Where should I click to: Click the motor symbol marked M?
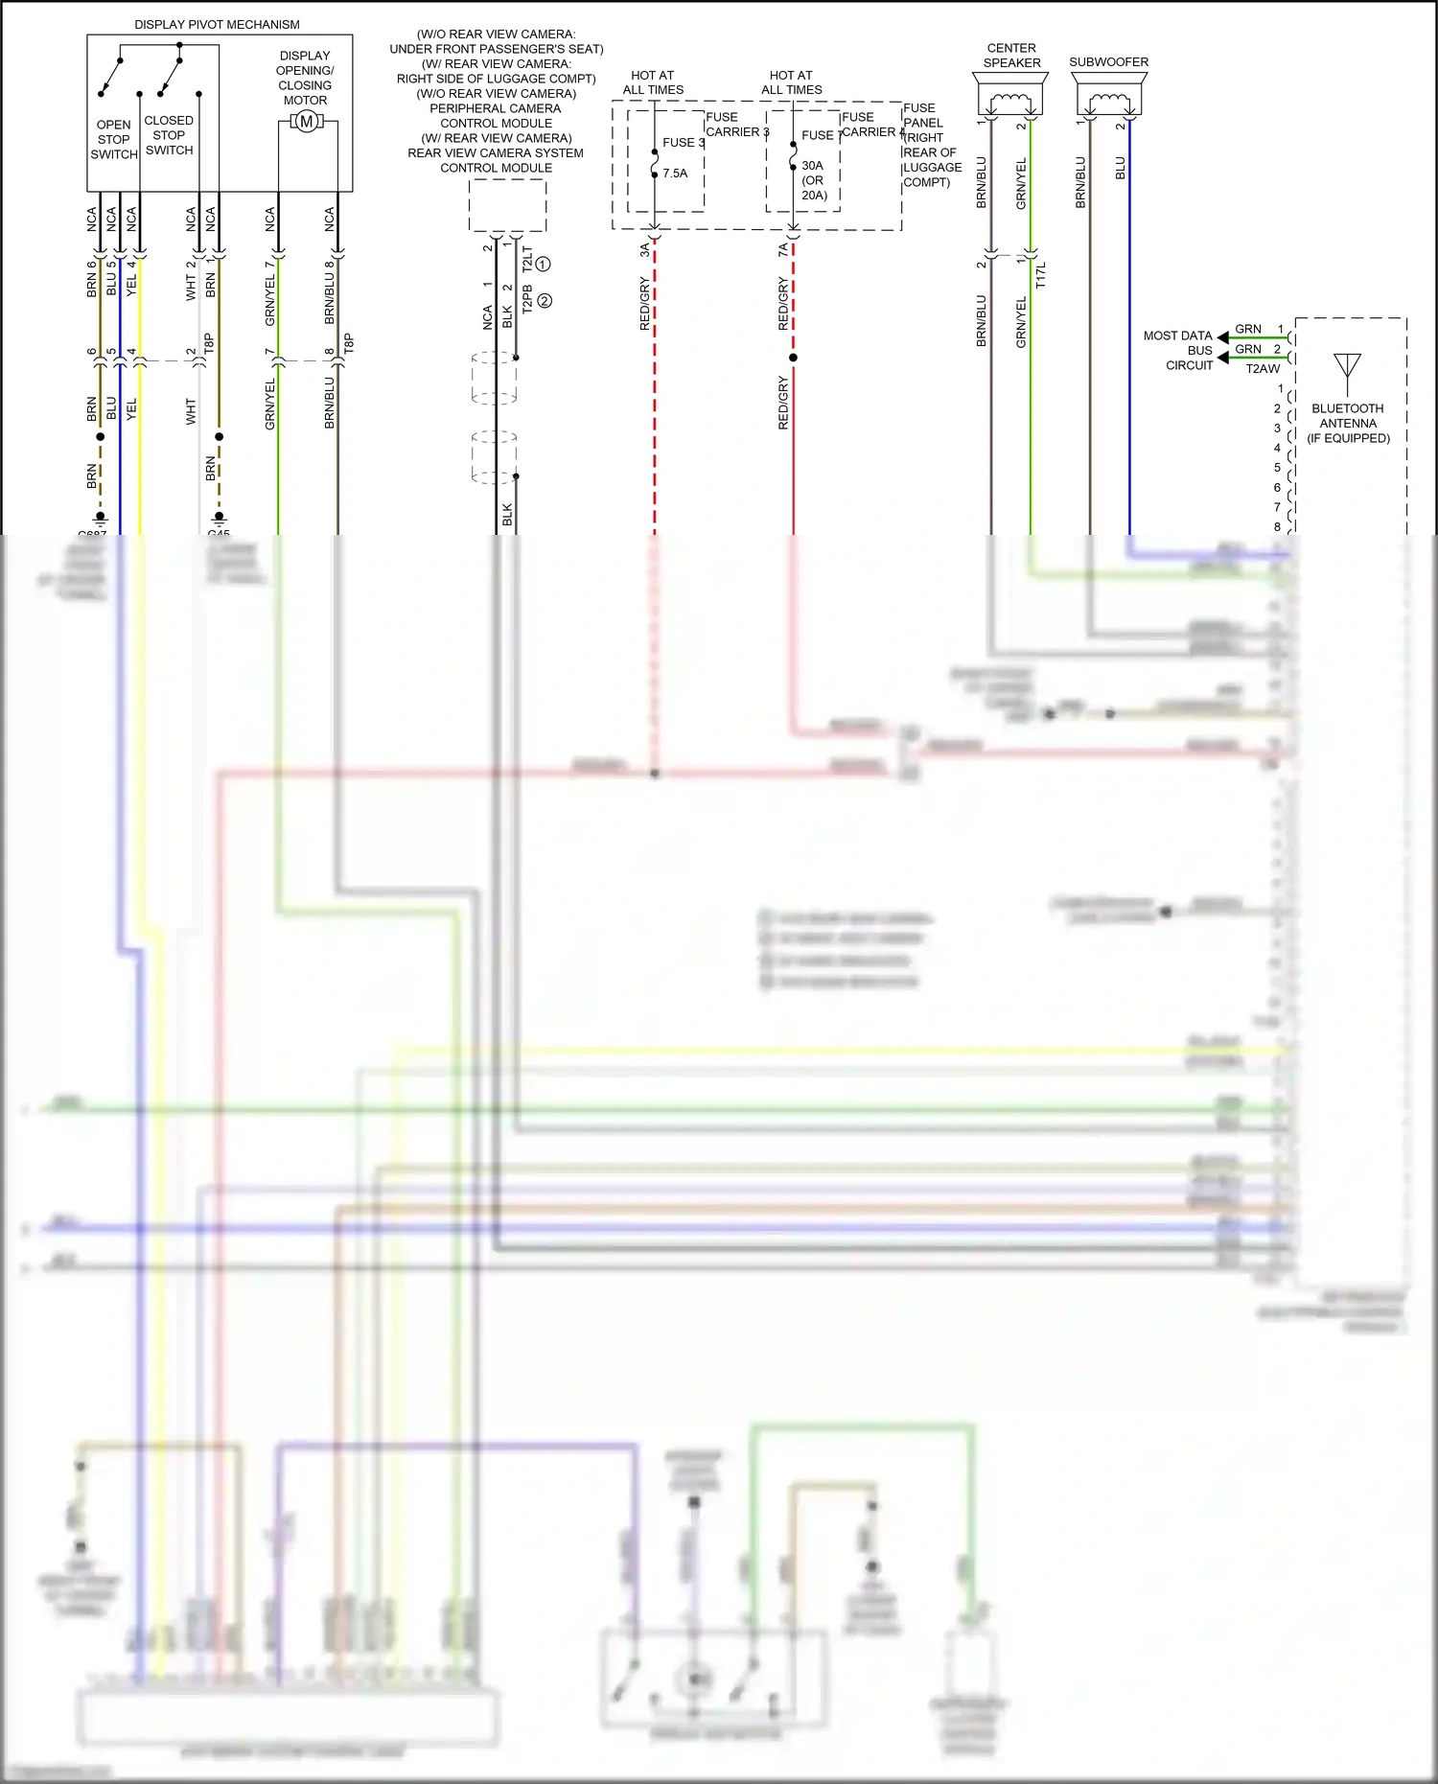(306, 122)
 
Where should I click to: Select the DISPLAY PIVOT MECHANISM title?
(217, 25)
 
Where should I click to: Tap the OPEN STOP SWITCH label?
(114, 139)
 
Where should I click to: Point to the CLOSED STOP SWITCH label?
(169, 135)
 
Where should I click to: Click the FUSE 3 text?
(683, 142)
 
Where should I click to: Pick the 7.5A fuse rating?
(675, 174)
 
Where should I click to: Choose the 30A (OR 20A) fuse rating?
(814, 180)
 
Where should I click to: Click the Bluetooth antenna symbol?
(1347, 368)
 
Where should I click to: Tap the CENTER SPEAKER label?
(1011, 55)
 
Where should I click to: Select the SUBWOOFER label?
(1108, 61)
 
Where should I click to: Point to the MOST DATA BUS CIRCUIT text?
(1178, 350)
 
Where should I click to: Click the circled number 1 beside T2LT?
(543, 264)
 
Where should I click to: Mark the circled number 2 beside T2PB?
(545, 300)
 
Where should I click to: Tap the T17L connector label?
(1041, 274)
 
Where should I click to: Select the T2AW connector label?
(1262, 368)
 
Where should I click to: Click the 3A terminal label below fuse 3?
(644, 249)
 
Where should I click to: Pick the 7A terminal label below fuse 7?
(783, 249)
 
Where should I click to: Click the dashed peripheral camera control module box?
(507, 205)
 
